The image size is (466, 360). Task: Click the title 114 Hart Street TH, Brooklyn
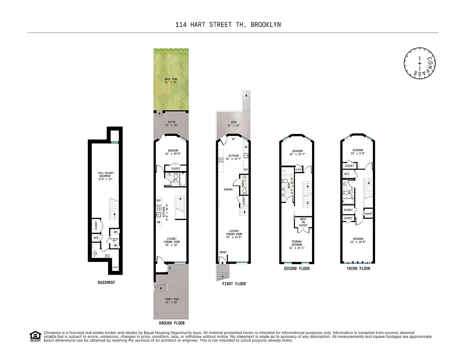pyautogui.click(x=228, y=25)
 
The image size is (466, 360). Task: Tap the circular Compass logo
pyautogui.click(x=419, y=63)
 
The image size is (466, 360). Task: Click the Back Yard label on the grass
pyautogui.click(x=171, y=81)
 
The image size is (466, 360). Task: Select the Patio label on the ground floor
pyautogui.click(x=171, y=123)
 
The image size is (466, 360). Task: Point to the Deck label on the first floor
pyautogui.click(x=233, y=123)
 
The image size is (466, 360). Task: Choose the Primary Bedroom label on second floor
pyautogui.click(x=297, y=244)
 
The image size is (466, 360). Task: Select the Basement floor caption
pyautogui.click(x=106, y=283)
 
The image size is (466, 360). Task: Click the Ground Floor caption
pyautogui.click(x=172, y=323)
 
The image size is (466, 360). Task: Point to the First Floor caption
pyautogui.click(x=234, y=283)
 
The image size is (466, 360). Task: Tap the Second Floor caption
pyautogui.click(x=297, y=269)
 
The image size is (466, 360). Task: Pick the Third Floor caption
pyautogui.click(x=358, y=269)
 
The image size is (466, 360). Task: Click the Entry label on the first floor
pyautogui.click(x=223, y=252)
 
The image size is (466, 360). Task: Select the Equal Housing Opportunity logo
pyautogui.click(x=35, y=337)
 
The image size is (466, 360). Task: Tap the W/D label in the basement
pyautogui.click(x=96, y=237)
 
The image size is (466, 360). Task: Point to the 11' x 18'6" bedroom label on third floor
pyautogui.click(x=358, y=240)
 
